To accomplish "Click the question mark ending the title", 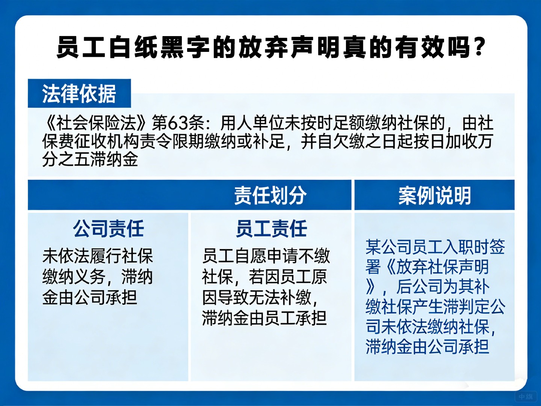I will point(479,47).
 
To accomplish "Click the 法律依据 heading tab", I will point(79,94).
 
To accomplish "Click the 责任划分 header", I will point(270,195).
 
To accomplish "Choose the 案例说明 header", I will point(435,195).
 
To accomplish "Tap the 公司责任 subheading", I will point(108,229).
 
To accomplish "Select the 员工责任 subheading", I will point(271,229).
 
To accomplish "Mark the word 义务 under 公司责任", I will point(89,277).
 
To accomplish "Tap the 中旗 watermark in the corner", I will point(526,397).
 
